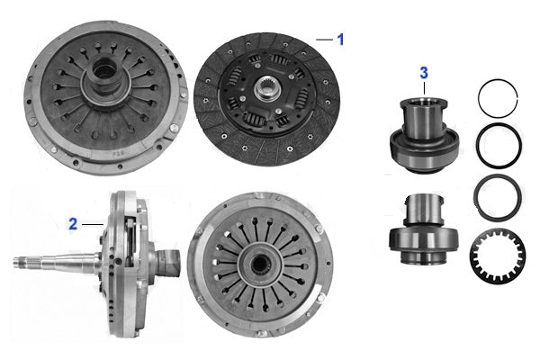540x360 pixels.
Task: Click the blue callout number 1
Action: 340,40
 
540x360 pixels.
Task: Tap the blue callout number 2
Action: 73,224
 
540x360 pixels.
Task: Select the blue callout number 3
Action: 424,73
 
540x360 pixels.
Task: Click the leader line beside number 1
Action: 324,40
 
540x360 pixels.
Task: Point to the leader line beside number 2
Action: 93,225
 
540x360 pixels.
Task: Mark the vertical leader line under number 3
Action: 424,88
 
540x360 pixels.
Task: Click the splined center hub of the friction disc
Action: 267,89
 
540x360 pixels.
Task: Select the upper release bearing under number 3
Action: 425,135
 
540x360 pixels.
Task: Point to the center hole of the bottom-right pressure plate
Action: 260,264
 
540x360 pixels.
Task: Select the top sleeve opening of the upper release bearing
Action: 424,102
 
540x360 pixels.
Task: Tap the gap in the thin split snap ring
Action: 517,97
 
